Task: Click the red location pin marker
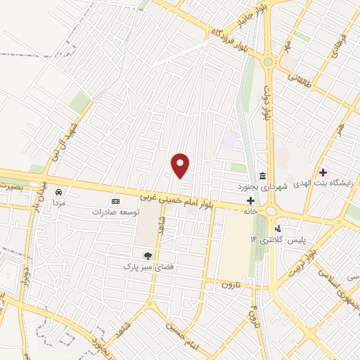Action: (181, 165)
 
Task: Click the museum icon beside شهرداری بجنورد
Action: (262, 175)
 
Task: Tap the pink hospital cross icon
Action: (323, 172)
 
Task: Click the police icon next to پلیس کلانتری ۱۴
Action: (278, 229)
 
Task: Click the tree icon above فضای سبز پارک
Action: (147, 255)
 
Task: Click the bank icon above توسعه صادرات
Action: (116, 201)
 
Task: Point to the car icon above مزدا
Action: (59, 191)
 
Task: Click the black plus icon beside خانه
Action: (250, 200)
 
